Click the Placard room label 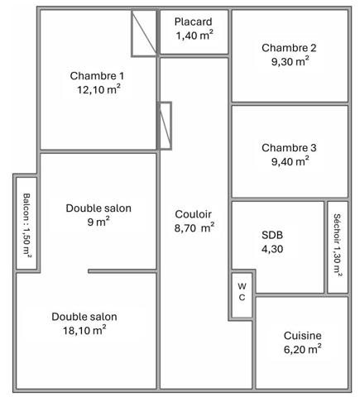193,22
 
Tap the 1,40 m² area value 194,36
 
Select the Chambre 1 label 97,76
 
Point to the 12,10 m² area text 98,89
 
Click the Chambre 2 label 289,48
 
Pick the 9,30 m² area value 290,61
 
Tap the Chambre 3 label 289,148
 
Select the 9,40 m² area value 290,161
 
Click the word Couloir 193,214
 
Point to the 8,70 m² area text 194,228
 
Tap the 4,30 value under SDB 272,249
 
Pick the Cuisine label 303,336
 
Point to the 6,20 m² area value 303,350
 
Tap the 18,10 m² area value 84,330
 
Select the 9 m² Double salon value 98,222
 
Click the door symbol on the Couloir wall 165,126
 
